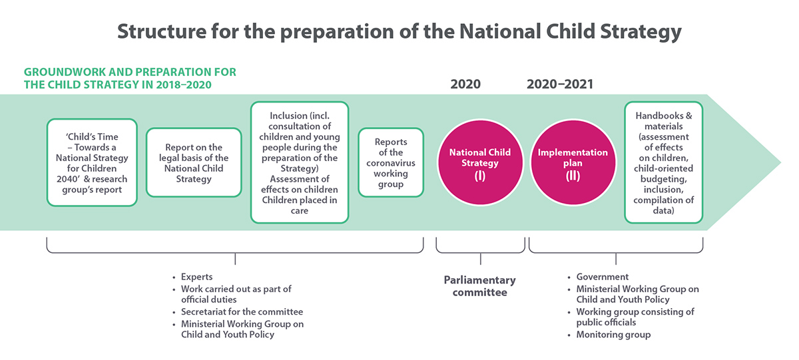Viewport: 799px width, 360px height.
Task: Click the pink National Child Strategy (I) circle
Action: (x=480, y=162)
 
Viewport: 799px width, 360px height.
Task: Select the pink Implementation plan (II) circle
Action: (x=573, y=162)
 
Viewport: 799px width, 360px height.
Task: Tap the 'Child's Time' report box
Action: (x=92, y=162)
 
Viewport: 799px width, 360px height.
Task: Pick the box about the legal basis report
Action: (x=194, y=162)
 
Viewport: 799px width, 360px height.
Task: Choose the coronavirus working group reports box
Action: (x=391, y=162)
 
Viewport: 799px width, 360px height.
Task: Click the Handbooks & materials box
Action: (x=663, y=162)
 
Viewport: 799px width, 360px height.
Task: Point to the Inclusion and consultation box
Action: (x=299, y=162)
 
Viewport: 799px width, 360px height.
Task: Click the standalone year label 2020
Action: (x=465, y=84)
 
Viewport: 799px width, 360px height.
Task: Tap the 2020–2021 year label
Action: (x=560, y=84)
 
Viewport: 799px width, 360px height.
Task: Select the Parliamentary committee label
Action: (x=480, y=286)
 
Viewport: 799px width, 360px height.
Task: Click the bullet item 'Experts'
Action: (x=196, y=277)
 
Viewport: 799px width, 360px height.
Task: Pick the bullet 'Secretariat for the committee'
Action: (x=242, y=312)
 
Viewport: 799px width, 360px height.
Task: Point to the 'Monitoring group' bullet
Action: (x=613, y=335)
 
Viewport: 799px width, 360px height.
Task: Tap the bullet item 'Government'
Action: (x=603, y=277)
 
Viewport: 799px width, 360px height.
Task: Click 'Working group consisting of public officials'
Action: (x=635, y=317)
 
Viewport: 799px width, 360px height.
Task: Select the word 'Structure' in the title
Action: (x=162, y=31)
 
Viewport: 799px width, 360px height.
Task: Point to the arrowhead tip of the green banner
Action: (x=780, y=162)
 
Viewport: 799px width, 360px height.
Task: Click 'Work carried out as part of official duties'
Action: (x=236, y=294)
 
